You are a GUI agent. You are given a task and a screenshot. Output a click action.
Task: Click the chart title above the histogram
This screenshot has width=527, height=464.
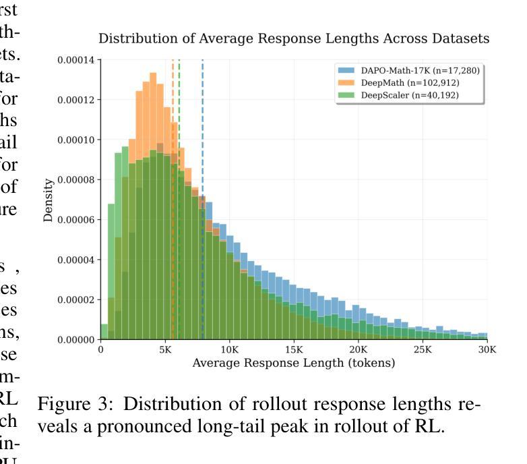(294, 38)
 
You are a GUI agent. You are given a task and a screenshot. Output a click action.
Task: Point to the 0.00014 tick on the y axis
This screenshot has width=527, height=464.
(77, 61)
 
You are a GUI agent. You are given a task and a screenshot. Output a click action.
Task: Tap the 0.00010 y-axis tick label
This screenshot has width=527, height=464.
(77, 140)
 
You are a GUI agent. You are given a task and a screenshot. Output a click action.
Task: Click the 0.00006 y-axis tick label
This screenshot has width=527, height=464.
(77, 220)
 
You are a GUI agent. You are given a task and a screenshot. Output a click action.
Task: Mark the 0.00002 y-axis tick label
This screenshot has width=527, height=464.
(77, 299)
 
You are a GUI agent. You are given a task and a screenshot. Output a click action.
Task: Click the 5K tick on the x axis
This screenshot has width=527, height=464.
(165, 349)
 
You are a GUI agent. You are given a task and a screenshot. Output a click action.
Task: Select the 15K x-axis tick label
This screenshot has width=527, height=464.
(294, 349)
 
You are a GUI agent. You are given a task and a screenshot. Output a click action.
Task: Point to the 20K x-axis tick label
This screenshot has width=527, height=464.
(358, 349)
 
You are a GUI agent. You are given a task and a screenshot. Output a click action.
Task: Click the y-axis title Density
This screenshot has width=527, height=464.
(49, 200)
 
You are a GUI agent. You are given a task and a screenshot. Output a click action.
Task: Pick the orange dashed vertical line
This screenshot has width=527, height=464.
(173, 202)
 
